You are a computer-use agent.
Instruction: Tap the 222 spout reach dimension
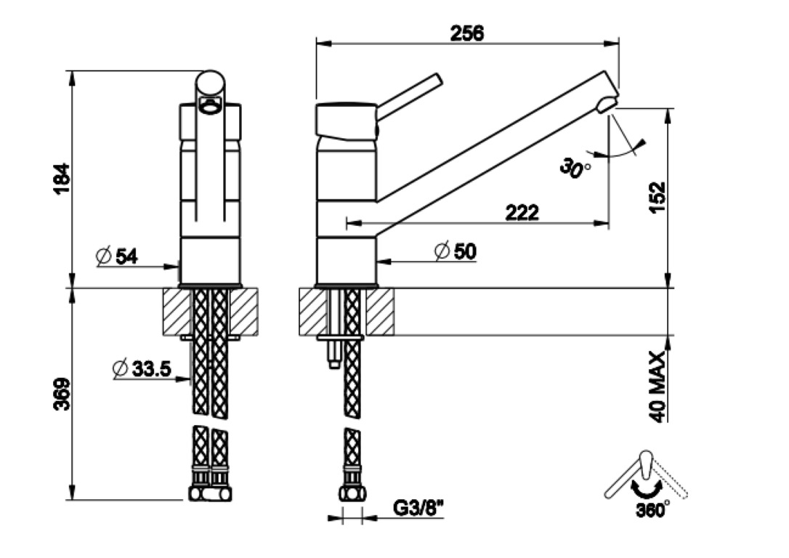click(522, 212)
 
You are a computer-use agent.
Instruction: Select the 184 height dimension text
click(62, 177)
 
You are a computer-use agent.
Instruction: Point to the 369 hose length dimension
click(62, 394)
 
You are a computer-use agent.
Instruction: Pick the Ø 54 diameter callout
click(116, 256)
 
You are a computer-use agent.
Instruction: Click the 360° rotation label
click(653, 511)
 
